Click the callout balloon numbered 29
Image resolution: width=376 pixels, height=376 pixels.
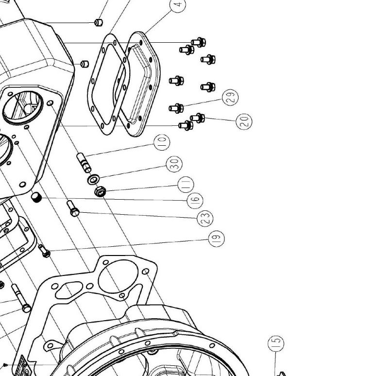click(x=230, y=97)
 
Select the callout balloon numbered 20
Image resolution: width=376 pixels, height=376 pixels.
click(x=244, y=121)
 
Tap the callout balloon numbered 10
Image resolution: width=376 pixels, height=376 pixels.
click(x=162, y=142)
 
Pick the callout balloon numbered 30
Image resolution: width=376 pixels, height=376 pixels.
click(x=174, y=164)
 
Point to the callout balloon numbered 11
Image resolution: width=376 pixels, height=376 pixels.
click(x=186, y=185)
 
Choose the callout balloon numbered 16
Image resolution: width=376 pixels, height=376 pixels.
click(x=195, y=201)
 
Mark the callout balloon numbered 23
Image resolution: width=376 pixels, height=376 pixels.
click(x=205, y=218)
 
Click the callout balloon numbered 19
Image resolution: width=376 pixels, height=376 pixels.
click(x=216, y=239)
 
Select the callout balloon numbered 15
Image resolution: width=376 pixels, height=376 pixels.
click(x=276, y=343)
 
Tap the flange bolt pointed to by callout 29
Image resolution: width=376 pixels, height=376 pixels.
click(x=176, y=108)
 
